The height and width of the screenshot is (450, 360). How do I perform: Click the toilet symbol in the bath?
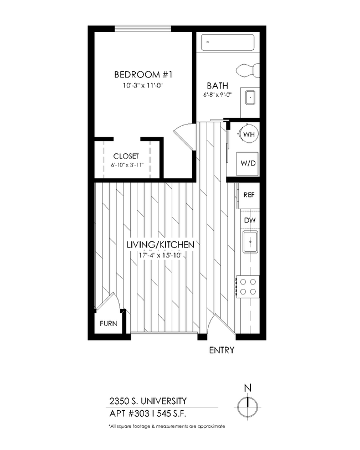[247, 70]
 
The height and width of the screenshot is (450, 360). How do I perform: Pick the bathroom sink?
[250, 97]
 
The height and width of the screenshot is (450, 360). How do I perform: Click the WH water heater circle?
[249, 134]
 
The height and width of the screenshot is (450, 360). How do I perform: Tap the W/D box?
[248, 163]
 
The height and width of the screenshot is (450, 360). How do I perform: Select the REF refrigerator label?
[249, 195]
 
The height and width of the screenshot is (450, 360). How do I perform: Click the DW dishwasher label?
[249, 220]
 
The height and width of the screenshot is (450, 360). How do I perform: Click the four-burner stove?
[248, 286]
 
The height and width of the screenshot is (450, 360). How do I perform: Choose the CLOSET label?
[126, 156]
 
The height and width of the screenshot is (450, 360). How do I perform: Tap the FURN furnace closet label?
[108, 324]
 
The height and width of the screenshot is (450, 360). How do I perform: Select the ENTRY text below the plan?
[221, 350]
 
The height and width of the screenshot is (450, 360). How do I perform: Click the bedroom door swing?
[185, 136]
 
